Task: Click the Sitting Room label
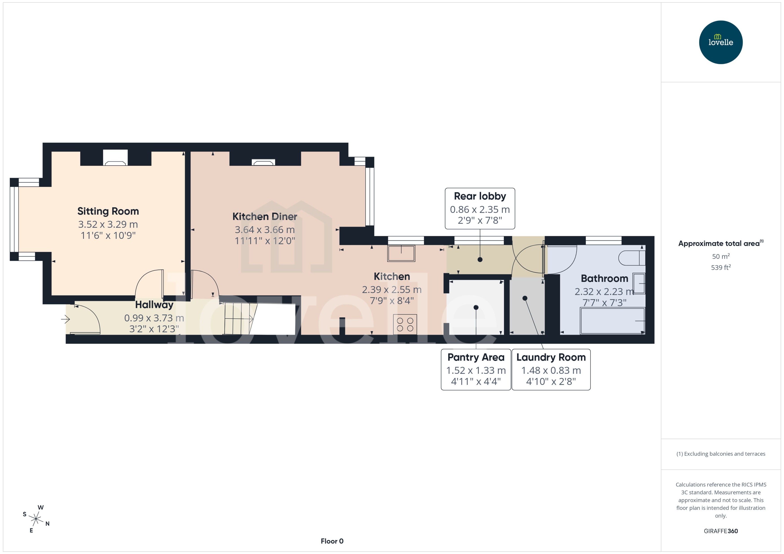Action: pyautogui.click(x=108, y=211)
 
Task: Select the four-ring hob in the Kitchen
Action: pyautogui.click(x=405, y=324)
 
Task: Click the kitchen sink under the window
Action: pyautogui.click(x=401, y=253)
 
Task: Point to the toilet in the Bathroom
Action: pyautogui.click(x=632, y=258)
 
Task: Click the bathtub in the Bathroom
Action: pyautogui.click(x=612, y=321)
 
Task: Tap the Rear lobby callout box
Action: pyautogui.click(x=480, y=208)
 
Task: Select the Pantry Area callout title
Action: pyautogui.click(x=476, y=357)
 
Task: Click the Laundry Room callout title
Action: pyautogui.click(x=551, y=357)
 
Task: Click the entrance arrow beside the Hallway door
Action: pyautogui.click(x=65, y=319)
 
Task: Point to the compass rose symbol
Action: pyautogui.click(x=36, y=519)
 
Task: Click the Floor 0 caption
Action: pyautogui.click(x=332, y=541)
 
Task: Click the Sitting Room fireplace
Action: pyautogui.click(x=115, y=158)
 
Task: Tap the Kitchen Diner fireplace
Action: pyautogui.click(x=263, y=162)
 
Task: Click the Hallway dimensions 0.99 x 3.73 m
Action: pyautogui.click(x=154, y=318)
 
